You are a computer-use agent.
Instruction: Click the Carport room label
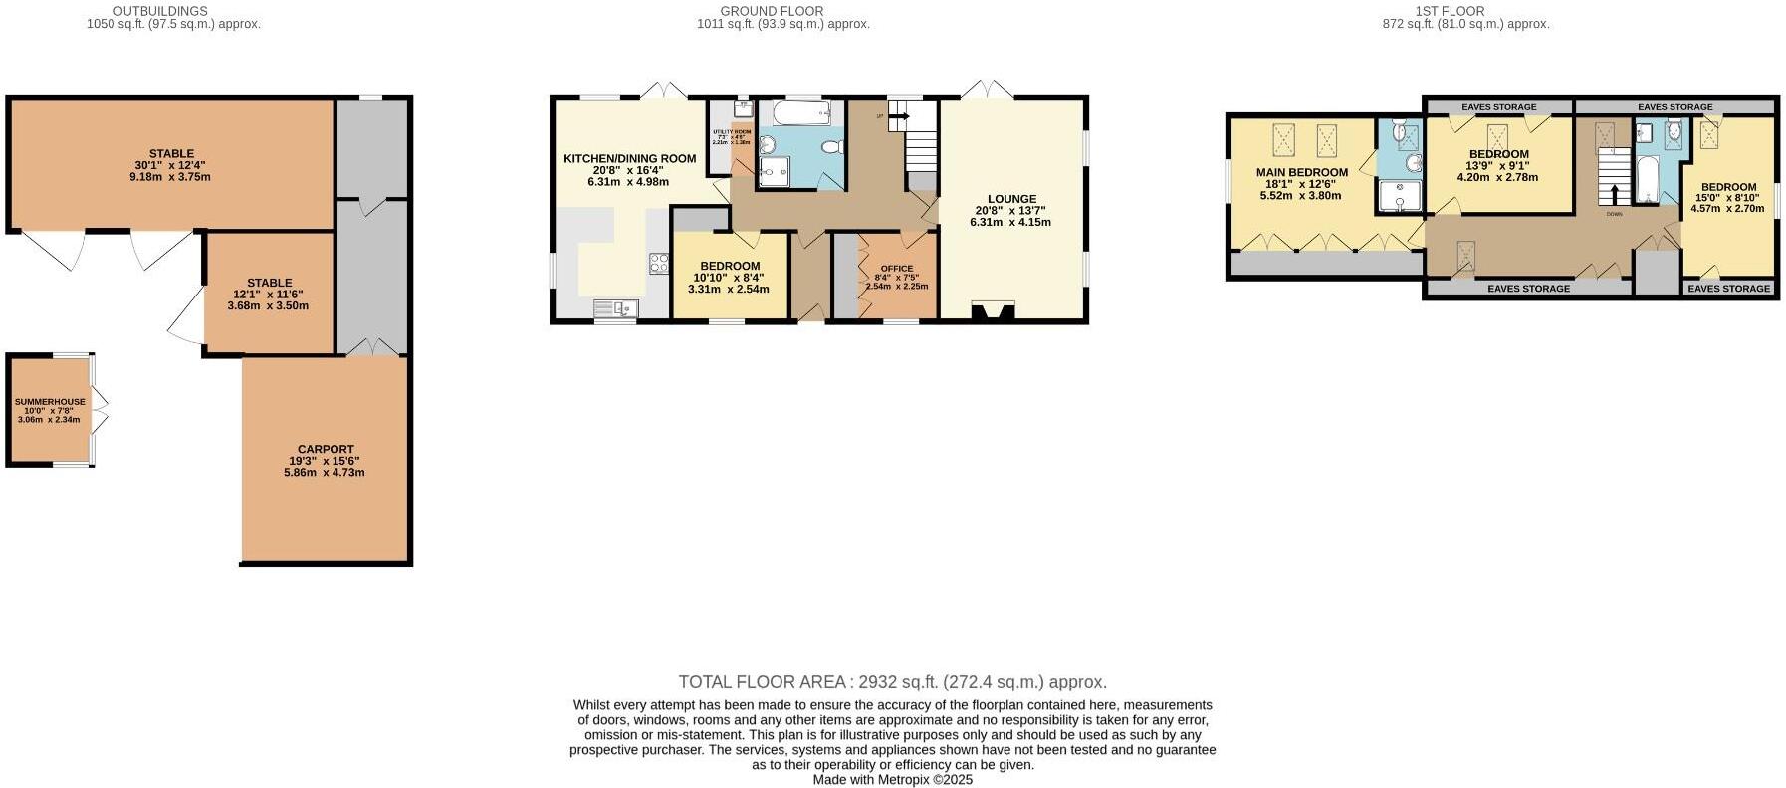pos(326,449)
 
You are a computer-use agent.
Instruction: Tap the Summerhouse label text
pos(50,402)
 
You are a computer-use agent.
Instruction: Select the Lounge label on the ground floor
pos(1011,199)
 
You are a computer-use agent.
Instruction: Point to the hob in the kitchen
pos(658,264)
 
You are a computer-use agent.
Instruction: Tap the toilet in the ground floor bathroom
pos(834,147)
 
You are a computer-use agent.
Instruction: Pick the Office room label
pos(896,269)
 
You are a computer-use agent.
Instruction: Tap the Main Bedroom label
pos(1301,172)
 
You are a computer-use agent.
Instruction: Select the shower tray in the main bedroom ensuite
pos(1401,197)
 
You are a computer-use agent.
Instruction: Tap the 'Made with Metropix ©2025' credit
pos(892,780)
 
